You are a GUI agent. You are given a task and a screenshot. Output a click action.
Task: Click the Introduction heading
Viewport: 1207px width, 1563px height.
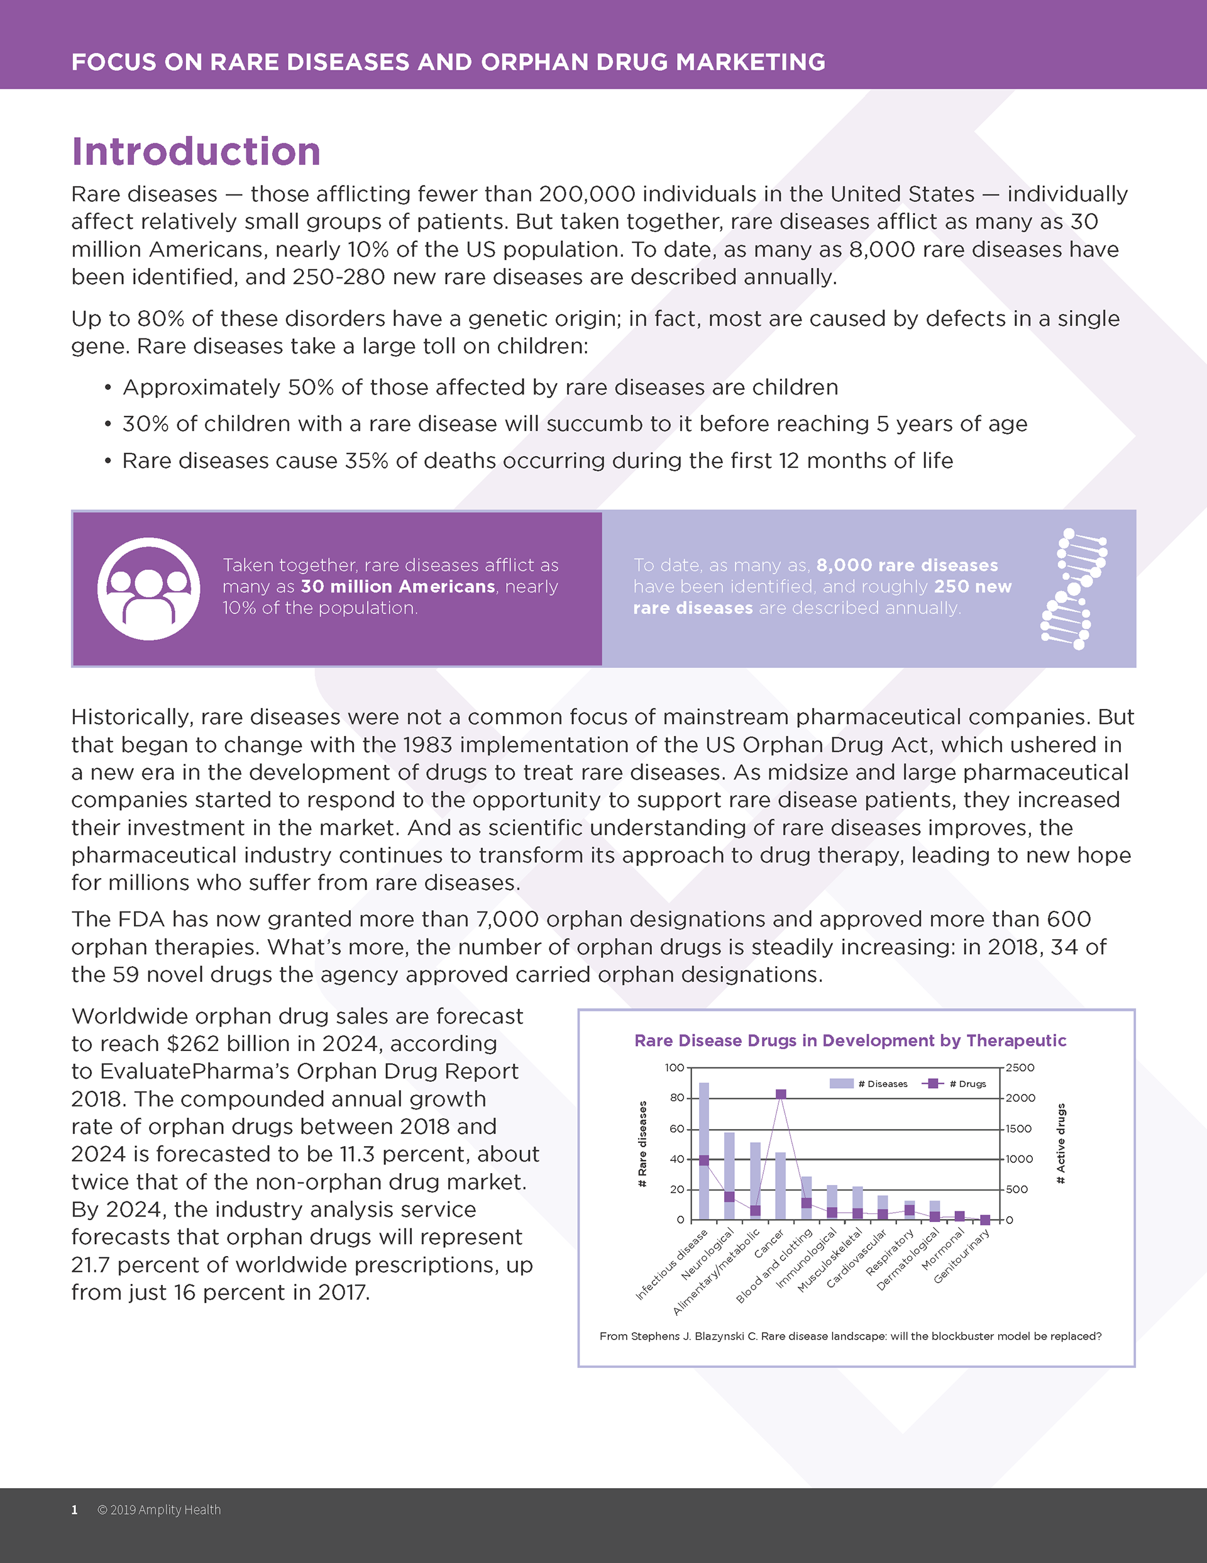click(196, 152)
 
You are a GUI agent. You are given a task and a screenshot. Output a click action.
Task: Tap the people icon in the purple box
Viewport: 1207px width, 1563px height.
click(149, 588)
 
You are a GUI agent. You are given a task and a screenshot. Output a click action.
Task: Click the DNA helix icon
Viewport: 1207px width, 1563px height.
click(1074, 588)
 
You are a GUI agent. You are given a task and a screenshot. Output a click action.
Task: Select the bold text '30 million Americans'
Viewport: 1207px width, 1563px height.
click(398, 587)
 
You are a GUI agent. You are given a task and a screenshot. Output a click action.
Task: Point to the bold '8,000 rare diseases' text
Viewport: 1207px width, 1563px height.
click(907, 565)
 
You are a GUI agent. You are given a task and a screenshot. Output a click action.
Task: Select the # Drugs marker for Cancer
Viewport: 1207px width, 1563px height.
click(781, 1094)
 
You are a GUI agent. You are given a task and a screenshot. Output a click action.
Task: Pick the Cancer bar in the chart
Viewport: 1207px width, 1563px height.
click(781, 1188)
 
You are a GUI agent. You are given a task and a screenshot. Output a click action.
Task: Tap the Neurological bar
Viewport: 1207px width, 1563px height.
click(729, 1167)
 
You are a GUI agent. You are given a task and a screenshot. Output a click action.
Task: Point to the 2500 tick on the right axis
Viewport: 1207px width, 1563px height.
click(1020, 1068)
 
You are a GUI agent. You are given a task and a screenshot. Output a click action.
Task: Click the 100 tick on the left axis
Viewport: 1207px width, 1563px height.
click(674, 1068)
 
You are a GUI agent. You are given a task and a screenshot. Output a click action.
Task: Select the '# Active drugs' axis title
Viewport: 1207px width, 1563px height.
click(1061, 1143)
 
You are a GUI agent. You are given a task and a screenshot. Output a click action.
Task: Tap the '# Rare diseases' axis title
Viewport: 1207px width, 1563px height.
click(642, 1143)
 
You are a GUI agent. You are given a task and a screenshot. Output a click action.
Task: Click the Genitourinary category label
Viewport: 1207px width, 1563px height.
click(962, 1257)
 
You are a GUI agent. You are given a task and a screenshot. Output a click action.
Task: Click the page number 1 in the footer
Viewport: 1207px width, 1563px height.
click(74, 1510)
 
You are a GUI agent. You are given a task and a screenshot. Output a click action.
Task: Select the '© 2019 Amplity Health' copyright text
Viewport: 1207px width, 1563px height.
click(159, 1510)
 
